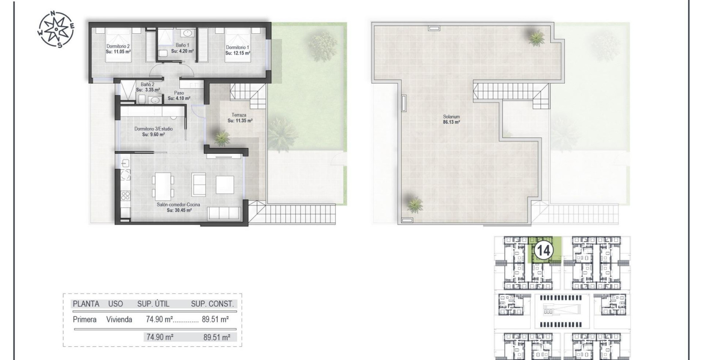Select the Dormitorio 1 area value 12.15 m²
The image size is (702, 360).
point(238,53)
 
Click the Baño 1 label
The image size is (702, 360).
point(182,45)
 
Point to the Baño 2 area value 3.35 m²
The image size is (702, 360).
point(148,90)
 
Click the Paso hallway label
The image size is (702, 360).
point(179,93)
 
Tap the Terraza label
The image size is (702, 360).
point(239,115)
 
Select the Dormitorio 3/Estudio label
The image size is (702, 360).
point(153,129)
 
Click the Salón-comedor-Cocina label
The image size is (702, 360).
point(178,205)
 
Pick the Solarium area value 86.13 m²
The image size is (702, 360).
point(451,122)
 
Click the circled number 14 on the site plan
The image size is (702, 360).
point(543,250)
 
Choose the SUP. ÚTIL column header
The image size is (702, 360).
point(153,304)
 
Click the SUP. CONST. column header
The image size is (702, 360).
point(213,304)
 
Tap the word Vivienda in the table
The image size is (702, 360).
point(119,319)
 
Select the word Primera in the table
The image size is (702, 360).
point(85,319)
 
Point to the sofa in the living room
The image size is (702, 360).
point(224,213)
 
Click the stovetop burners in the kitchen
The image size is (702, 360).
point(126,196)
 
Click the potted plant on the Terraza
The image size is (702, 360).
point(222,138)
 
